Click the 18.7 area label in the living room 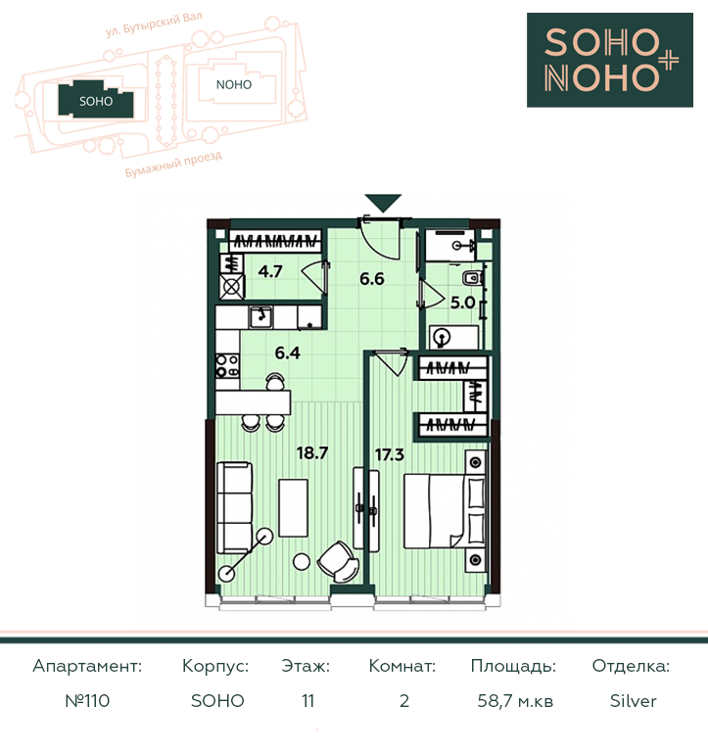[312, 452]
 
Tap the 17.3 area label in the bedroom [390, 454]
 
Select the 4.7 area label [270, 271]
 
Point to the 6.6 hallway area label [372, 279]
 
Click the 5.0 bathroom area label [462, 303]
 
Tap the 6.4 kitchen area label [287, 352]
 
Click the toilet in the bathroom [472, 277]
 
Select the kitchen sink [260, 317]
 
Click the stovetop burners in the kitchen [227, 365]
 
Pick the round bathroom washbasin [443, 337]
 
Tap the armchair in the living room [338, 561]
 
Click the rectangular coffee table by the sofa [294, 508]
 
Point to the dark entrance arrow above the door [383, 203]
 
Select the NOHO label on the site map [234, 85]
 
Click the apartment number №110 [87, 701]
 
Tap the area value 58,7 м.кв [515, 701]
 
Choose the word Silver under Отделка [633, 701]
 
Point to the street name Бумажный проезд [173, 164]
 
